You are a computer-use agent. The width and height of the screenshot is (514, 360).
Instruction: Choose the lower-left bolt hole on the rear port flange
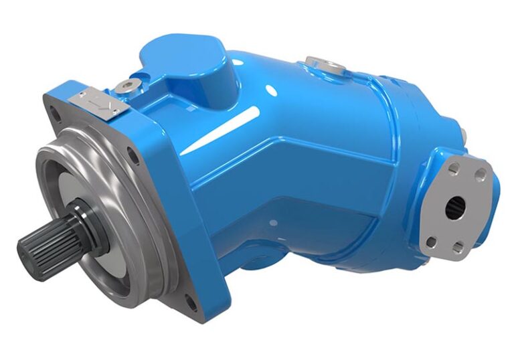click(432, 240)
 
